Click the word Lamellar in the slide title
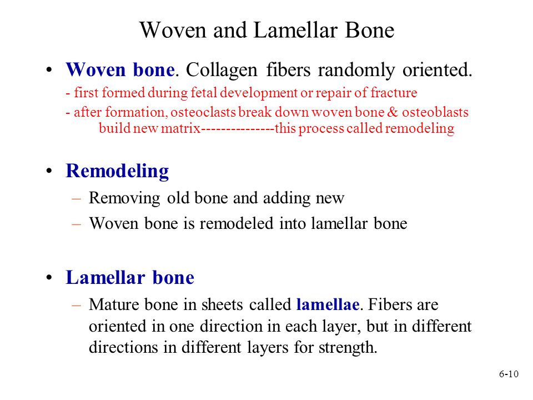295,30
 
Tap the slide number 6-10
509,374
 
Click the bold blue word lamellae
328,304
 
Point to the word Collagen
222,71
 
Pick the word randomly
356,71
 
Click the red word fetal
204,93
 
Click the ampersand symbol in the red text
393,112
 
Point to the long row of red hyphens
238,128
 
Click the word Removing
124,198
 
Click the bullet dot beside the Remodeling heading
49,171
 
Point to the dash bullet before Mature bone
76,305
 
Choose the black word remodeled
237,224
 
